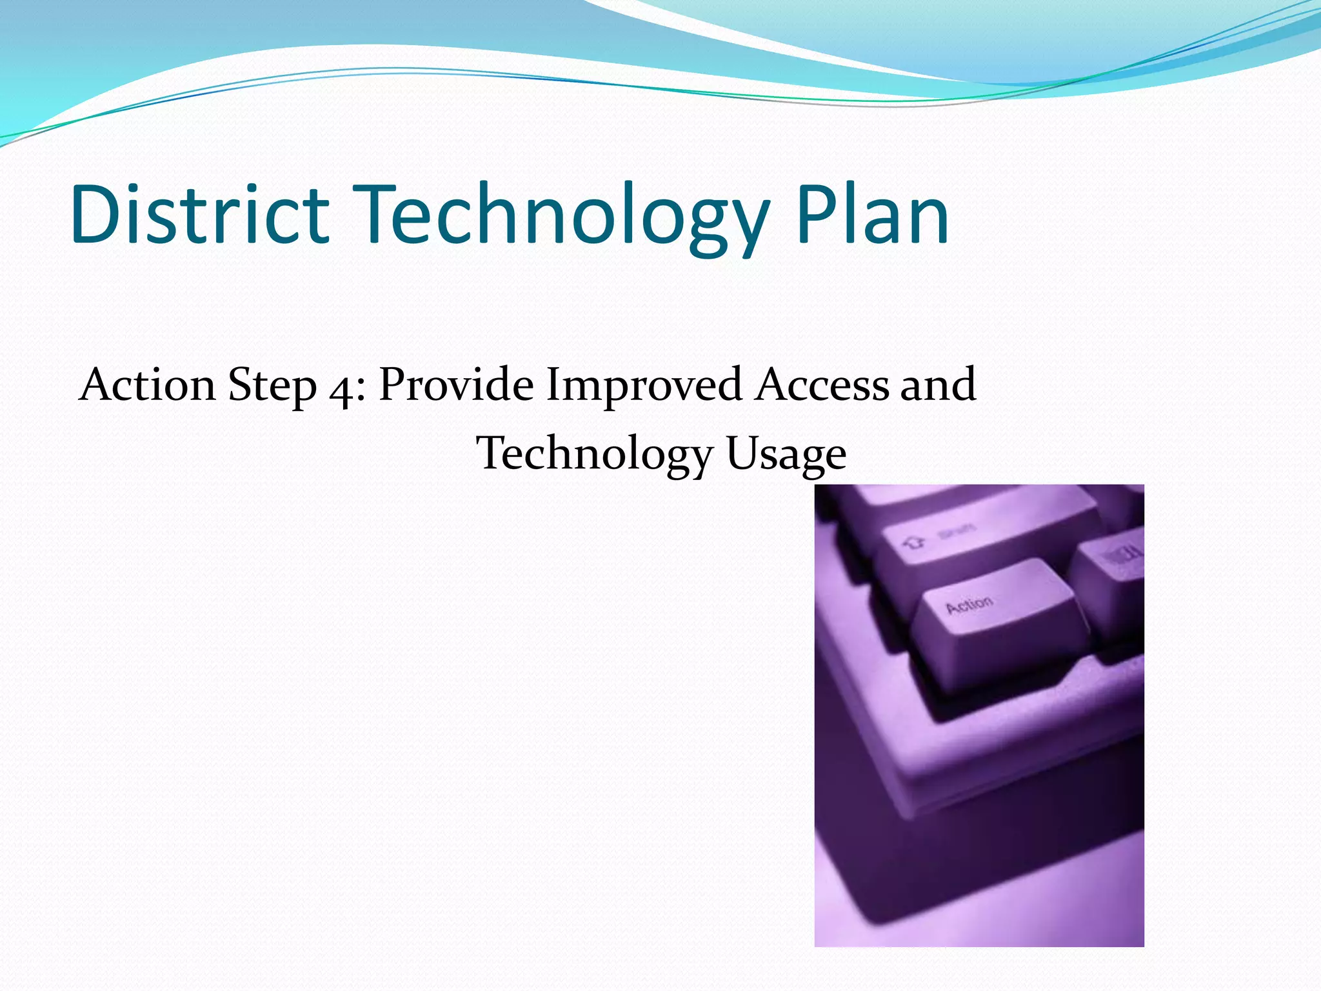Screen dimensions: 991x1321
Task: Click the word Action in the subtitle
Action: point(147,385)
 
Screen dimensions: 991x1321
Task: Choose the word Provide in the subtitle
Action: point(455,385)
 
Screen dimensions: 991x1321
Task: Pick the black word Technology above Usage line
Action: point(593,454)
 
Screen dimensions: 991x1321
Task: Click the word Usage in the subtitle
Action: point(785,454)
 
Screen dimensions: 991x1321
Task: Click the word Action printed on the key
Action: point(969,605)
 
